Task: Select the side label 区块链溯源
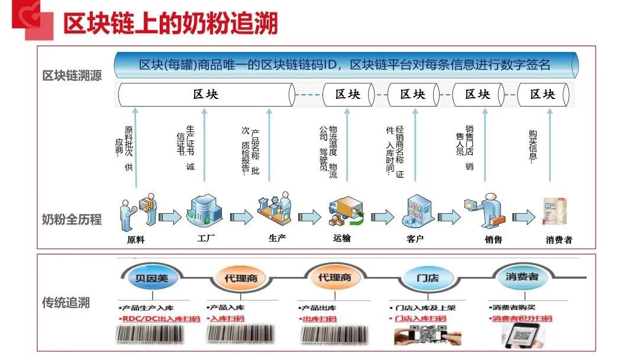(72, 76)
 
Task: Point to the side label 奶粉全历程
(72, 220)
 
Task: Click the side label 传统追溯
(66, 303)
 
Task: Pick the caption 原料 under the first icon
(135, 240)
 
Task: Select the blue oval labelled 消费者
(521, 277)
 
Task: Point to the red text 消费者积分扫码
(522, 319)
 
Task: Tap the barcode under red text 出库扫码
(334, 335)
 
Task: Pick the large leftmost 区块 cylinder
(206, 95)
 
